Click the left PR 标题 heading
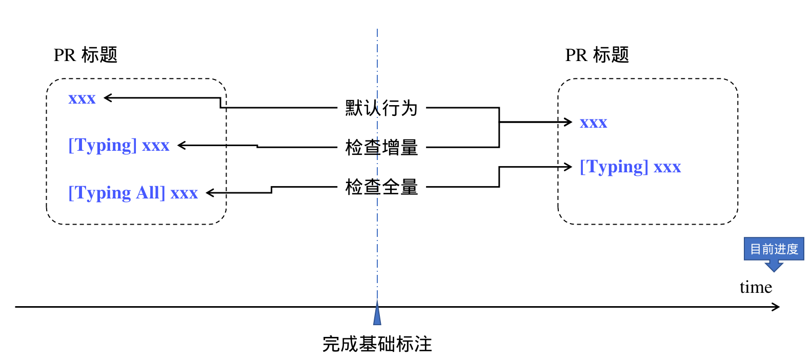86,55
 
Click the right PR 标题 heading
597,55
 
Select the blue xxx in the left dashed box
82,98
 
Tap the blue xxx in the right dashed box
593,123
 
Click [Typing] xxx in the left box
118,146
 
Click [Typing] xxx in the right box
630,167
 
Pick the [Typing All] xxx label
133,193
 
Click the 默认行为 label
381,108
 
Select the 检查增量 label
381,148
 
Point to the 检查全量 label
381,187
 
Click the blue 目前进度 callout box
774,249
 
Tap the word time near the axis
756,287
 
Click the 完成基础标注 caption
377,344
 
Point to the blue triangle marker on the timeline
377,314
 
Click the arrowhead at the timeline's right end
776,307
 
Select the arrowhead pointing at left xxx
108,97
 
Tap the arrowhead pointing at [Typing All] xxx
210,193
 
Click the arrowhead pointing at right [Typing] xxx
568,167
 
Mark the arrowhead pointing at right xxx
568,122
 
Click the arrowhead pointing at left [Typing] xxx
181,146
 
